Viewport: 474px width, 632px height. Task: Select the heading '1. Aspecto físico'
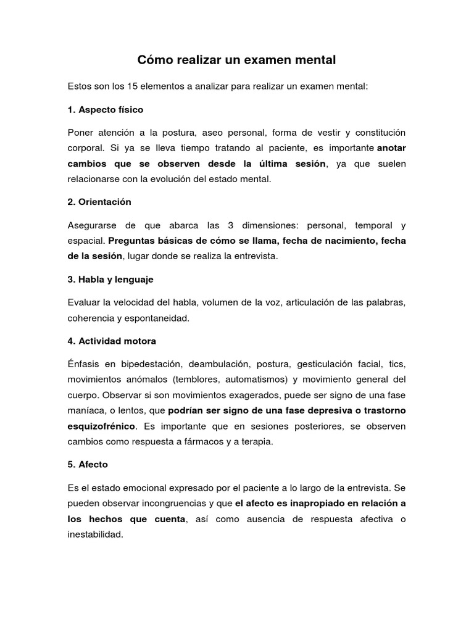click(x=105, y=110)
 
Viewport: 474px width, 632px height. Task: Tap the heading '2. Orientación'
click(x=99, y=202)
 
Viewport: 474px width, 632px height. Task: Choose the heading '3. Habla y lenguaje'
click(x=110, y=280)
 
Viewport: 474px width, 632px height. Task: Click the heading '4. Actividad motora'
click(x=112, y=341)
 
